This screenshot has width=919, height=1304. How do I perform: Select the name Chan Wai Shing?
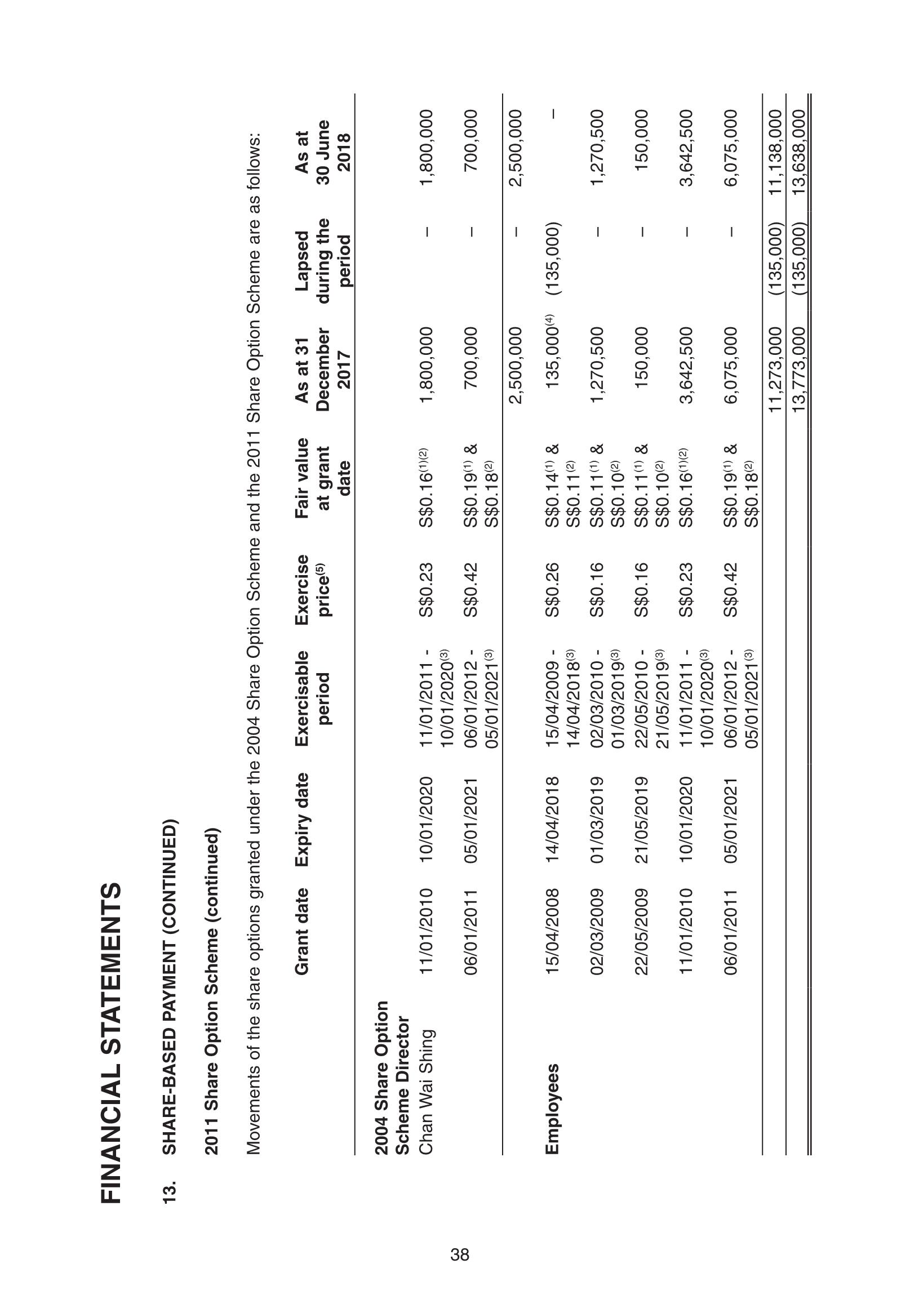click(427, 1090)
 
